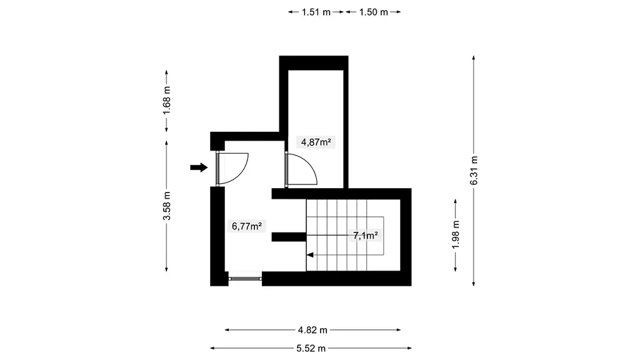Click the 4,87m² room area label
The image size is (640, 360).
[316, 142]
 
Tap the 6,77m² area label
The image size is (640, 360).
[246, 226]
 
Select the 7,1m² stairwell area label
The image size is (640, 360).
[365, 236]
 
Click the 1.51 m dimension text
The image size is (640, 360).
[316, 12]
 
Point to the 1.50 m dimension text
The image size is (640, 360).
[374, 12]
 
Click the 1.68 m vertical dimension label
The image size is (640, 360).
[166, 101]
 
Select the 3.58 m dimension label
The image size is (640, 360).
[166, 206]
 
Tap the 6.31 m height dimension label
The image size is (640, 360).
[474, 171]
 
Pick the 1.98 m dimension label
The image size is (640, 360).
[456, 234]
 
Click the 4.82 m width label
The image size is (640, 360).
[312, 330]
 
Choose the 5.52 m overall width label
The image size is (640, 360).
[311, 348]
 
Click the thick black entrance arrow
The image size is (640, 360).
[199, 167]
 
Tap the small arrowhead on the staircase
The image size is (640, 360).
[310, 255]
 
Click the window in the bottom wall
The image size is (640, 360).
[245, 279]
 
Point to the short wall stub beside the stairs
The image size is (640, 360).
[289, 237]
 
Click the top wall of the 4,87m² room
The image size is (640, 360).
[314, 63]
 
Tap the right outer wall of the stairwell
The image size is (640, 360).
[406, 237]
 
